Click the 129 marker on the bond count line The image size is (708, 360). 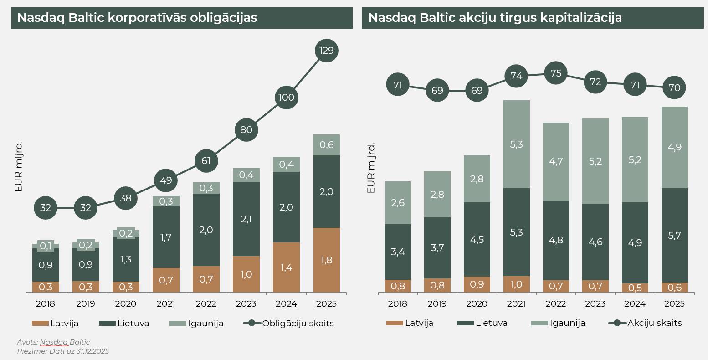point(327,51)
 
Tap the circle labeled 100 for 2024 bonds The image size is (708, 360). point(287,98)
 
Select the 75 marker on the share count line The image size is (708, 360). point(556,73)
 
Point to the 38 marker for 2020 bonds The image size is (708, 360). point(125,198)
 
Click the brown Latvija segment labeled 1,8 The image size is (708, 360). point(327,260)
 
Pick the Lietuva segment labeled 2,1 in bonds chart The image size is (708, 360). point(246,219)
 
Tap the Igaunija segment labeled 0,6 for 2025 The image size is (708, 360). point(327,145)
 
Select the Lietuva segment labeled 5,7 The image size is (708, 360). point(674,235)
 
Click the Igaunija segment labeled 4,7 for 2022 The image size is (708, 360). point(556,161)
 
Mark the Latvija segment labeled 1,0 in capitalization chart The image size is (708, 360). point(516,284)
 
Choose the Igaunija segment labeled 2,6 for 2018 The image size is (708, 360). point(398,203)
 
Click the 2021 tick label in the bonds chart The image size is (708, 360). point(166,304)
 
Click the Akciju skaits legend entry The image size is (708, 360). point(654,323)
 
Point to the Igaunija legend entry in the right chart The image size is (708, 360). point(567,323)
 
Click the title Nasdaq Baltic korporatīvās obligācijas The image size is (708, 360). point(137,18)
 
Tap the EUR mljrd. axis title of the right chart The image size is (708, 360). point(371,168)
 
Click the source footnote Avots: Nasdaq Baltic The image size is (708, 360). point(53,342)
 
